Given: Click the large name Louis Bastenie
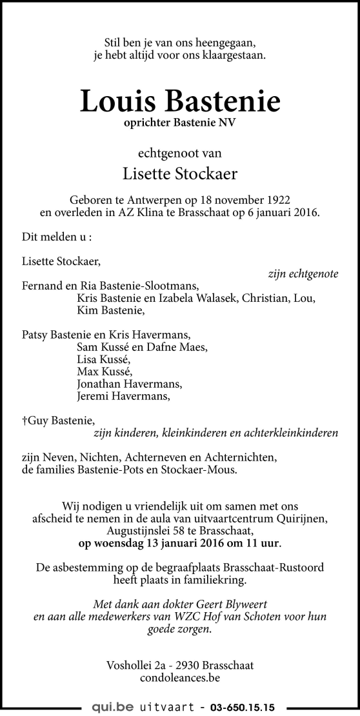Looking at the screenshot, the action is pos(180,102).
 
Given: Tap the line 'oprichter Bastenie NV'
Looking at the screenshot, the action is pos(180,124).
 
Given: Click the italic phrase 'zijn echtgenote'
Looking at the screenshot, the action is pos(303,273).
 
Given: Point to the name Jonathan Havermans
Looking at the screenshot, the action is pos(128,384).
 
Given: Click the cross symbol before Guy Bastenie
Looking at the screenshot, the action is pos(25,420).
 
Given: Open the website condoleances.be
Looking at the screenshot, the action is pos(179,677).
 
